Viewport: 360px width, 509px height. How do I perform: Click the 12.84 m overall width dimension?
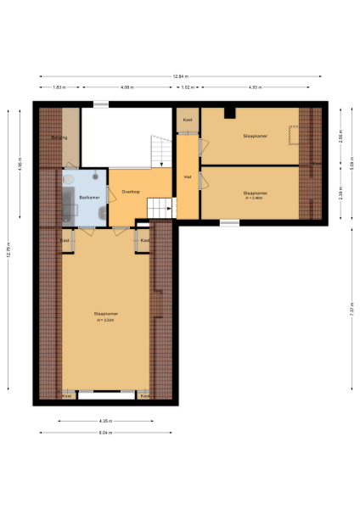coord(180,76)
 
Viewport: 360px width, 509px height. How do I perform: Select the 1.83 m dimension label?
coord(59,87)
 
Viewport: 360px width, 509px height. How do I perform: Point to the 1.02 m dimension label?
coord(188,87)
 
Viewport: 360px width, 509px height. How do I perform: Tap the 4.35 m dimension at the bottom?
coord(104,421)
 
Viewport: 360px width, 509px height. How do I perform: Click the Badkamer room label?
coord(89,198)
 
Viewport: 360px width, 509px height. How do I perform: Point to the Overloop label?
coord(130,192)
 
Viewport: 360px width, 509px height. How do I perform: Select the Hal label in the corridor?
coord(187,176)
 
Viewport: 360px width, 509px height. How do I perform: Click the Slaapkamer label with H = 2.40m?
coord(254,194)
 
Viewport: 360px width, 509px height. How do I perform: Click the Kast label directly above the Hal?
coord(188,120)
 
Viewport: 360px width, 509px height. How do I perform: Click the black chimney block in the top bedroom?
coord(229,113)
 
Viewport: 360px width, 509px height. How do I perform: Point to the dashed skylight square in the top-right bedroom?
coord(293,134)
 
